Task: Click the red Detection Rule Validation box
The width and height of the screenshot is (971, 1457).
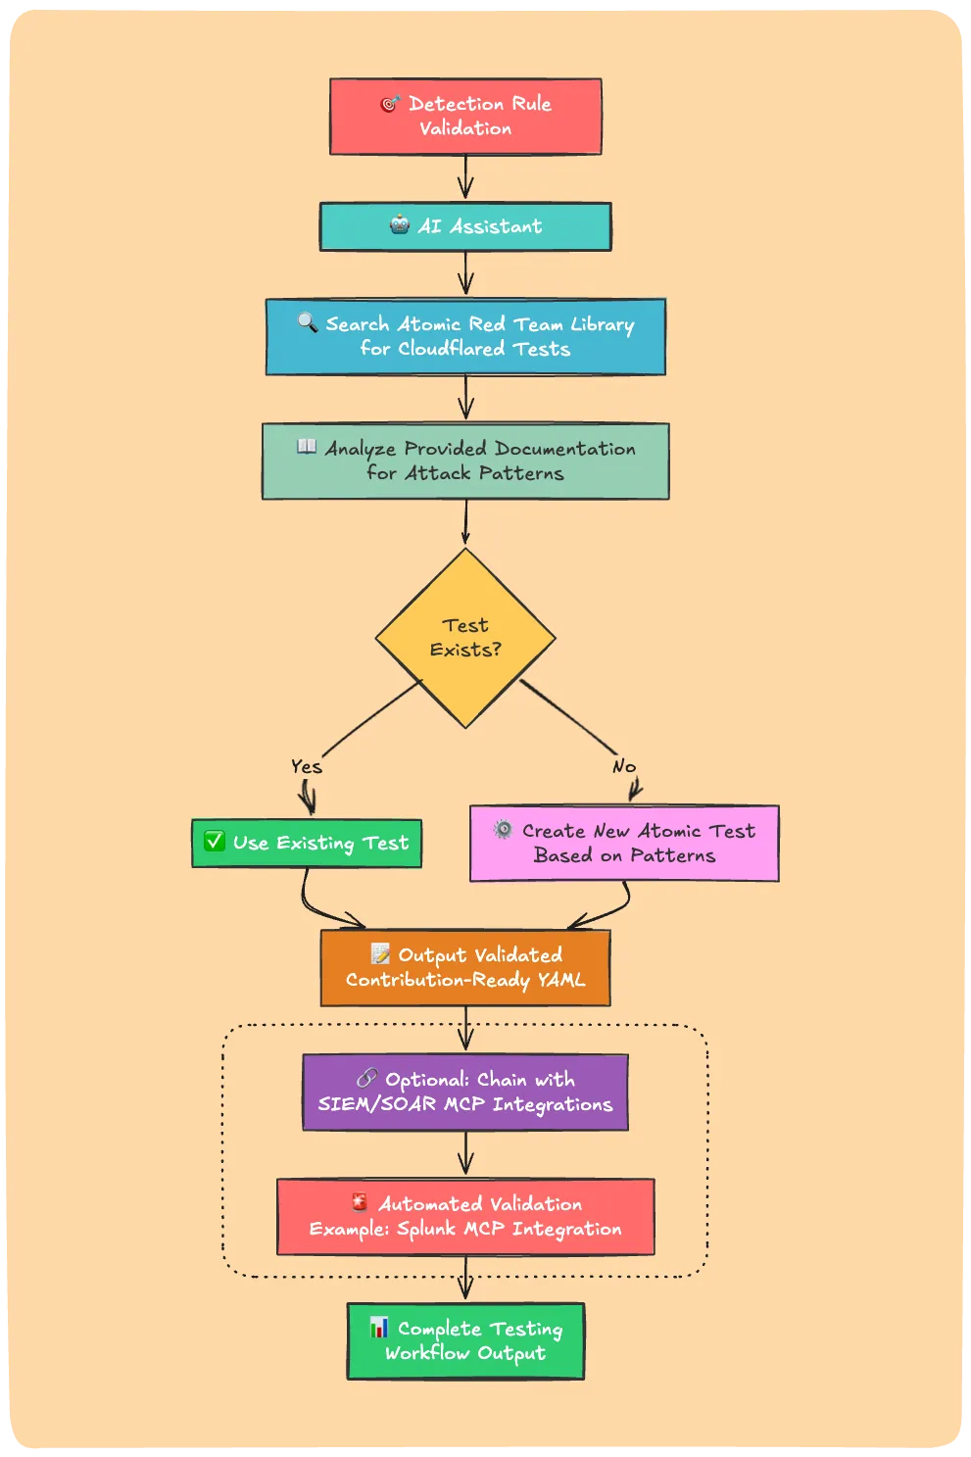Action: click(465, 117)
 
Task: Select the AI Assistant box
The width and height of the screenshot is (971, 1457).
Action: click(465, 226)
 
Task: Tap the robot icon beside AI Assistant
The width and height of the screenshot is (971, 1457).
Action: click(400, 225)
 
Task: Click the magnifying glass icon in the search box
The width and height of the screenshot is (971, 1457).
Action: click(308, 322)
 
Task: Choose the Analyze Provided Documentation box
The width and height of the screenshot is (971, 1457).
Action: click(465, 461)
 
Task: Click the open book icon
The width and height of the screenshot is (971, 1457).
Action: click(307, 447)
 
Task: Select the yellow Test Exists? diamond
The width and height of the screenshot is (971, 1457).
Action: click(465, 638)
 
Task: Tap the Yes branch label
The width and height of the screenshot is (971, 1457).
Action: click(307, 766)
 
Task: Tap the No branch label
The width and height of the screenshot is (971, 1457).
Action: click(624, 766)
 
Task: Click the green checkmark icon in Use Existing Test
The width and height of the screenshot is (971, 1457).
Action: click(215, 841)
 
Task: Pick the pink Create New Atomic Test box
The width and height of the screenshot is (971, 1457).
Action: click(624, 844)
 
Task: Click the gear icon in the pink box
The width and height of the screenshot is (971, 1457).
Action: click(503, 829)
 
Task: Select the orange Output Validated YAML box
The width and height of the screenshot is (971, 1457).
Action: click(465, 968)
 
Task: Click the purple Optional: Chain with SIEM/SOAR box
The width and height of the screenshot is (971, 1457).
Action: click(465, 1093)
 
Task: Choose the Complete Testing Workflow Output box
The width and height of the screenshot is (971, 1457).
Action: click(465, 1341)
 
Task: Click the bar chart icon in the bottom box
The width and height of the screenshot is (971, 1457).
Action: click(379, 1328)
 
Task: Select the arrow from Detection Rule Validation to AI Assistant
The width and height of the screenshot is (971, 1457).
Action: click(465, 178)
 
